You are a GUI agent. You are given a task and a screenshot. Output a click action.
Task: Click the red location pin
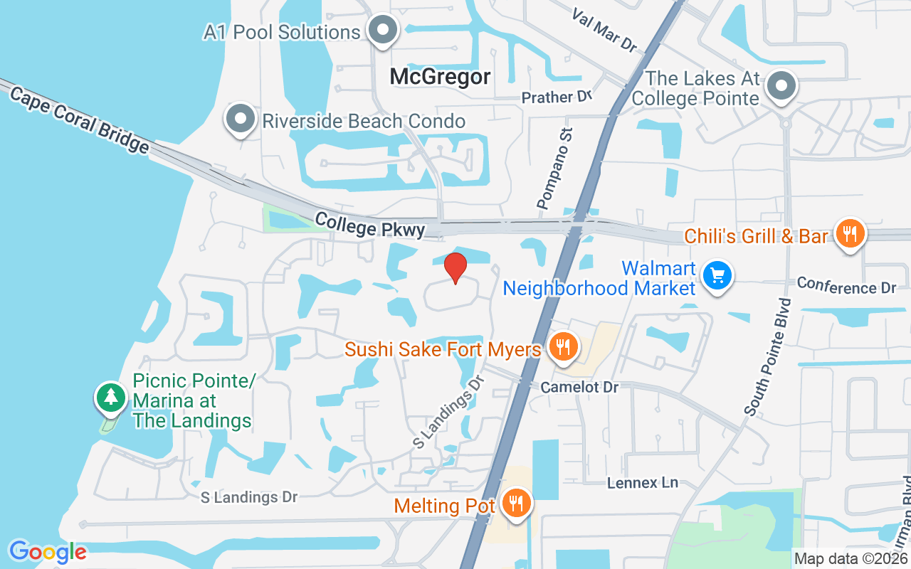[x=455, y=268]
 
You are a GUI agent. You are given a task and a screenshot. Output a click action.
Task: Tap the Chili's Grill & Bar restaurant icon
[x=849, y=233]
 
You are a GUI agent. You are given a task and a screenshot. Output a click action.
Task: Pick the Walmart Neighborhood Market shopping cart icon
[x=717, y=275]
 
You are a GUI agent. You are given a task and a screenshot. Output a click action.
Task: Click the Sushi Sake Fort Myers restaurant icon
[x=563, y=347]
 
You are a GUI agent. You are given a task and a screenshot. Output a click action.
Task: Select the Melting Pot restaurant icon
[x=514, y=504]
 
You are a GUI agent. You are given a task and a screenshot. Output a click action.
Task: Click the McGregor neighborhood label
[x=440, y=77]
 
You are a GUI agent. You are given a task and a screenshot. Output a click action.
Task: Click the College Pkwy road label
[x=370, y=225]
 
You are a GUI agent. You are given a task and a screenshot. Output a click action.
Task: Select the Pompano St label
[x=555, y=169]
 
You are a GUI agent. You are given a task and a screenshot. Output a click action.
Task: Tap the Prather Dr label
[x=557, y=97]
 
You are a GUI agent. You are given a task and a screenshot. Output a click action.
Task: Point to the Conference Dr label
[x=846, y=285]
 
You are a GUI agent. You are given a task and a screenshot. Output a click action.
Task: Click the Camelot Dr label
[x=579, y=387]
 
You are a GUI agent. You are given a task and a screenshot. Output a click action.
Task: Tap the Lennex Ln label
[x=643, y=482]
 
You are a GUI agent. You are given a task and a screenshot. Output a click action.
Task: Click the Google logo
[x=48, y=551]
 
